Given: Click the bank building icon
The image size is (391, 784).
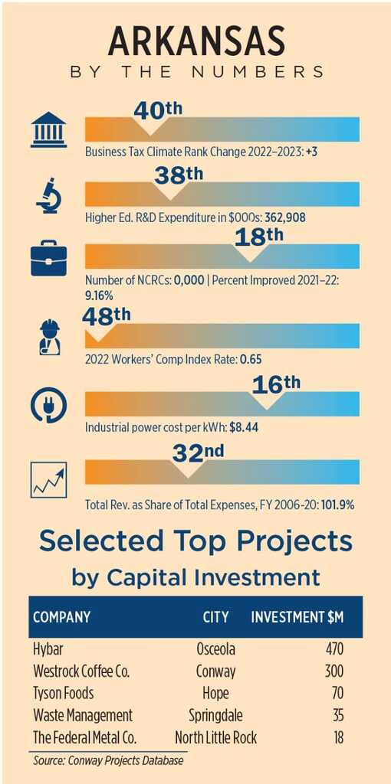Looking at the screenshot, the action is [x=48, y=130].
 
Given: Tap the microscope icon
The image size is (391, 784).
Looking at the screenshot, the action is [x=48, y=194].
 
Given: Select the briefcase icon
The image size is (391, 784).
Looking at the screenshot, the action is [x=48, y=259].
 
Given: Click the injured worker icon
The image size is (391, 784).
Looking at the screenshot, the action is [x=50, y=337].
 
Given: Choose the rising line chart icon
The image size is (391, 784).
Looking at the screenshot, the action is [x=48, y=479].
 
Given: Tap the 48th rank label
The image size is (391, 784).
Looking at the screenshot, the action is [x=106, y=316].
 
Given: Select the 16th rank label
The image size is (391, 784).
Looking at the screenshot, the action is [x=276, y=385].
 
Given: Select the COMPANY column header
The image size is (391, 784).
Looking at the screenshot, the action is [x=61, y=616].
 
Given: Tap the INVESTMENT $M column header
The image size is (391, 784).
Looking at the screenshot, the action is [x=297, y=616].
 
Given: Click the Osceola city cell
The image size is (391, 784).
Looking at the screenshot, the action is [x=215, y=649].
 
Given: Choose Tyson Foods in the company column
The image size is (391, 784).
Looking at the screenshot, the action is [x=64, y=694].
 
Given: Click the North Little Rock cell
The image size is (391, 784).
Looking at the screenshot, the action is [x=215, y=737].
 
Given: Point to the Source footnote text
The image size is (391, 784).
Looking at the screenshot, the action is [x=108, y=761].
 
